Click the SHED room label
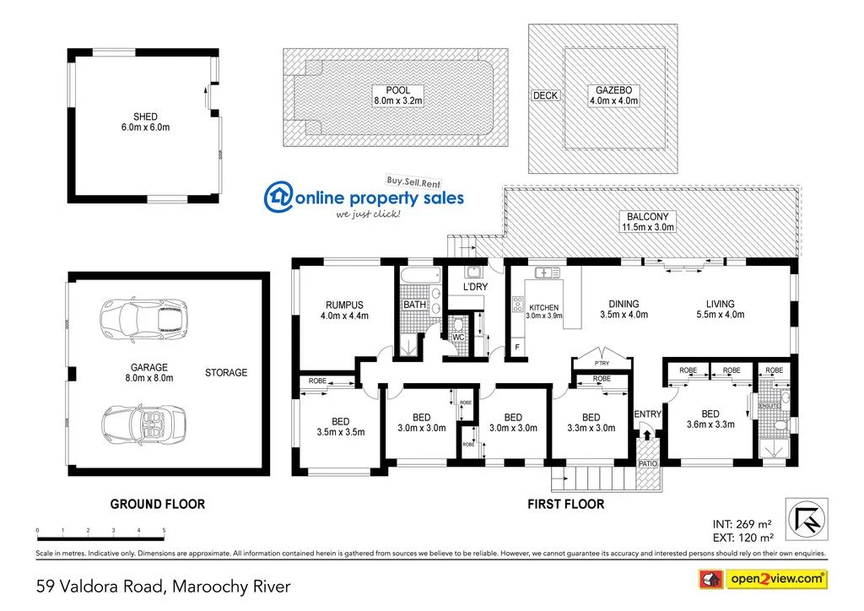point(144,122)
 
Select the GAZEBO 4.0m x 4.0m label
point(613,95)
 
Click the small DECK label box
point(545,95)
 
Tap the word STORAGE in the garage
point(226,372)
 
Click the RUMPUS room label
point(344,310)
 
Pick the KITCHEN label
point(543,308)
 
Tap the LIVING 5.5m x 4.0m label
point(720,309)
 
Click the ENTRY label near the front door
point(648,414)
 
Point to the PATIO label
point(647,463)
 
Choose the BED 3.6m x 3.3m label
point(710,419)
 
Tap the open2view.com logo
point(764,579)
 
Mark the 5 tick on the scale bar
point(164,531)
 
